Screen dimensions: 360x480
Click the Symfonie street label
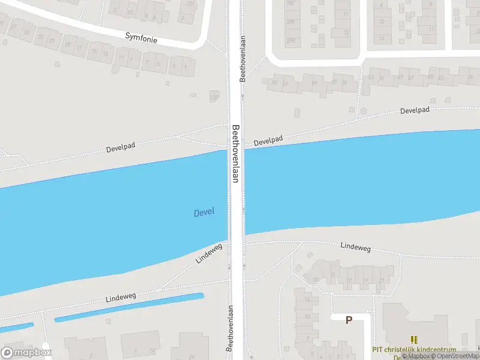pyautogui.click(x=141, y=37)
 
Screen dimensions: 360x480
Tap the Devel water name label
pyautogui.click(x=204, y=212)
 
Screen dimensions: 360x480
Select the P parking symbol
pyautogui.click(x=349, y=320)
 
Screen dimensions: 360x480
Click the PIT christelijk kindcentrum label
pyautogui.click(x=414, y=350)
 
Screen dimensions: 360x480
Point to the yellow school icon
pyautogui.click(x=414, y=340)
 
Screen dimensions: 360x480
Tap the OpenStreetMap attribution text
pyautogui.click(x=456, y=356)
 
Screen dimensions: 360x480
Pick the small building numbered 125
pyautogui.click(x=214, y=97)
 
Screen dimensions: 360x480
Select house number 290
pyautogui.click(x=291, y=41)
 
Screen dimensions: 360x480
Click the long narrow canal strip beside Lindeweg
pyautogui.click(x=129, y=307)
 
